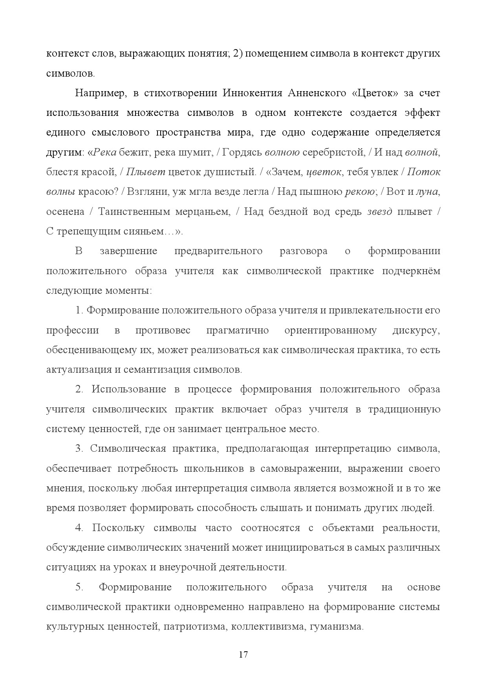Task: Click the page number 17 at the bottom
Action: point(243,654)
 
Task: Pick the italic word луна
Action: point(427,192)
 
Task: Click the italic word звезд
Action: point(379,212)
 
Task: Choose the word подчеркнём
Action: point(411,271)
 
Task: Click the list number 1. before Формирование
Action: point(79,310)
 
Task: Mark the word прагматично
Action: point(238,330)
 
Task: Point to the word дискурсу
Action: point(416,330)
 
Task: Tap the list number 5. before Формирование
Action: point(79,587)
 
